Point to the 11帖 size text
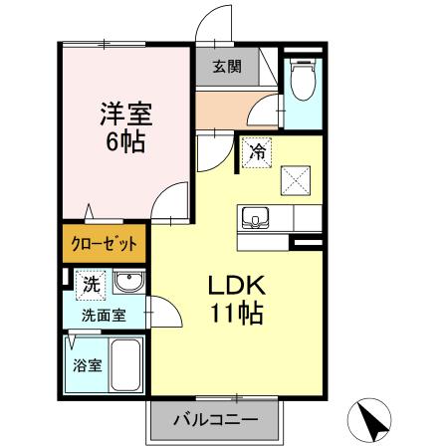[x=236, y=315]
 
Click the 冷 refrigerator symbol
[x=257, y=152]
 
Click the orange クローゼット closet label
[x=104, y=244]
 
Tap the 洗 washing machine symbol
[x=91, y=284]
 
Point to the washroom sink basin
[x=127, y=284]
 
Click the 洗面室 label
[x=104, y=315]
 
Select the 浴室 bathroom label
[x=88, y=365]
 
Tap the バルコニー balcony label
[x=212, y=419]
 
